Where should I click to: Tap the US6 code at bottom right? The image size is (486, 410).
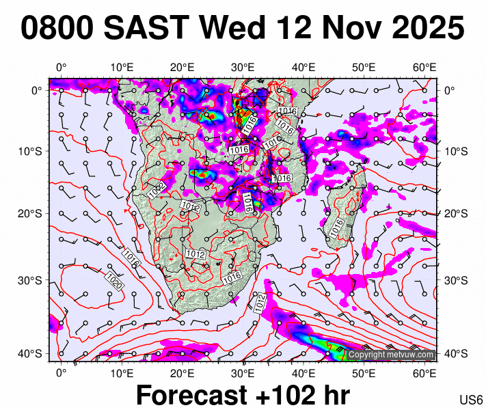pos(472,400)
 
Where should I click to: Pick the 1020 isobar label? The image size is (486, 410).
pos(113,281)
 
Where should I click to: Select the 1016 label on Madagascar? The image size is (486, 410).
pos(336,228)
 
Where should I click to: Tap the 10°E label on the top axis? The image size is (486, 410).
pos(122,67)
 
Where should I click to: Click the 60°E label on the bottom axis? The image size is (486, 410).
pos(425,372)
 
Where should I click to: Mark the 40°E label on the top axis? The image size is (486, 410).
pos(303,67)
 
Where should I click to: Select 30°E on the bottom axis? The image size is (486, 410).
pos(243,372)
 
